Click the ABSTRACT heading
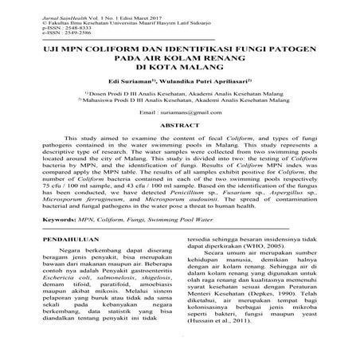click(179, 125)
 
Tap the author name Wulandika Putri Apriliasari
click(208, 80)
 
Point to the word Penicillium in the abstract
click(215, 192)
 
